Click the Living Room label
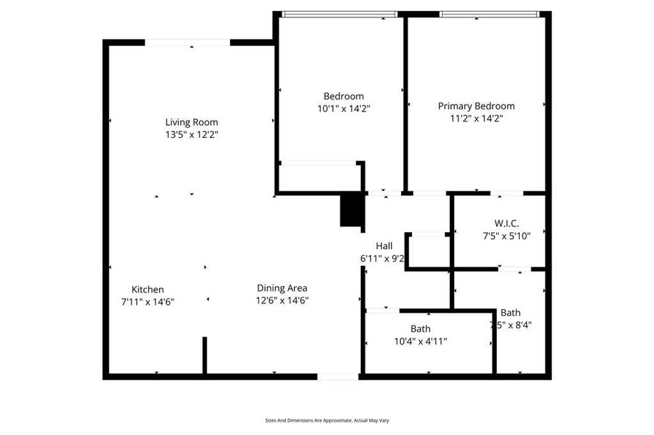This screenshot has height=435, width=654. click(192, 122)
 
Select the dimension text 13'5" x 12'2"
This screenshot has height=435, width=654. click(192, 135)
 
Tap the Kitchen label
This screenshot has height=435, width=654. click(148, 290)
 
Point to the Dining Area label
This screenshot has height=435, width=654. click(282, 288)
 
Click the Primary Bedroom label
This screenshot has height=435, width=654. click(476, 106)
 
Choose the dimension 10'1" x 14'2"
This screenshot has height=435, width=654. click(344, 108)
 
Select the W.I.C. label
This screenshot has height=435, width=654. click(506, 223)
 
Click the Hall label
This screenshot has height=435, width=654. click(384, 246)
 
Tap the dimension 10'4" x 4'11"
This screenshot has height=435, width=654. click(420, 341)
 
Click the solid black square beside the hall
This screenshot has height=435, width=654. click(351, 210)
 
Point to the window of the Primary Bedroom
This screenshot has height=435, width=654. click(489, 14)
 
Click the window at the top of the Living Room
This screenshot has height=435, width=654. click(187, 43)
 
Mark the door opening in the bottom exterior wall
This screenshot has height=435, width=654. click(338, 377)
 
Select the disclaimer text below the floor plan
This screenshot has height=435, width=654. click(327, 420)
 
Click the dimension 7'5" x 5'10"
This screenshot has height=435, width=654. click(506, 235)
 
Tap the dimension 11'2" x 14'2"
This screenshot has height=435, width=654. click(476, 118)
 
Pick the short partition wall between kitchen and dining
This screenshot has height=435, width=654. click(204, 355)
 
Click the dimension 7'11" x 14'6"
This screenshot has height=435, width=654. click(148, 302)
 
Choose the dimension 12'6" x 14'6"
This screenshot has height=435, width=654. click(282, 300)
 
